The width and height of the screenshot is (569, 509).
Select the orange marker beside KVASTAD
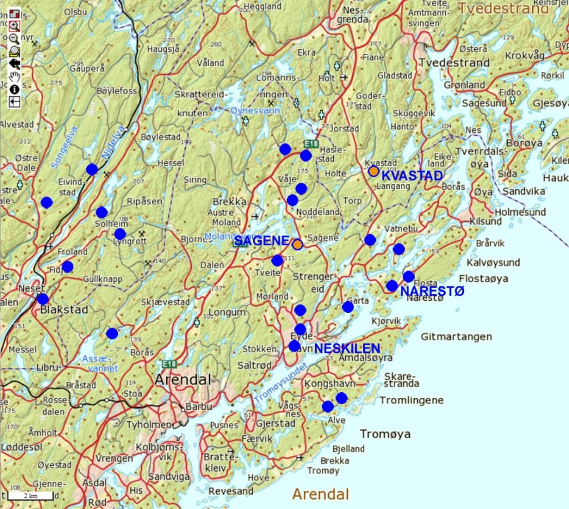[374, 171]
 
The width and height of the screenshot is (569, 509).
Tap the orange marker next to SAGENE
[297, 244]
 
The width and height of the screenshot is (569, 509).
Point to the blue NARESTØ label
[432, 291]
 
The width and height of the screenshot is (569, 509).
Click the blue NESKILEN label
[347, 348]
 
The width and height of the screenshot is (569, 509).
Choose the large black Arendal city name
[183, 380]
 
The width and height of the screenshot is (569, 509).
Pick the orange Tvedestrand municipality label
[503, 9]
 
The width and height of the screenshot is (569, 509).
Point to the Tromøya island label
[385, 434]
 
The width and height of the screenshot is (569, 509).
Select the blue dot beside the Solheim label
[102, 212]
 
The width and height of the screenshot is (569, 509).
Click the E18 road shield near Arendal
[168, 364]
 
